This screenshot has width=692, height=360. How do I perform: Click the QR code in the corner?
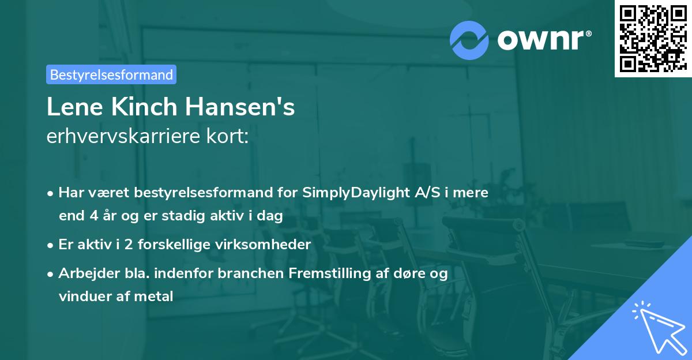click(x=653, y=39)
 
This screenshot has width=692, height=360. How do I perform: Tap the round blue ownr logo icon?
click(x=469, y=39)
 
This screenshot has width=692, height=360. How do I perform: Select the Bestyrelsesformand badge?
click(x=111, y=74)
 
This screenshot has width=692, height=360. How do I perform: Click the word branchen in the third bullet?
click(x=256, y=273)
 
